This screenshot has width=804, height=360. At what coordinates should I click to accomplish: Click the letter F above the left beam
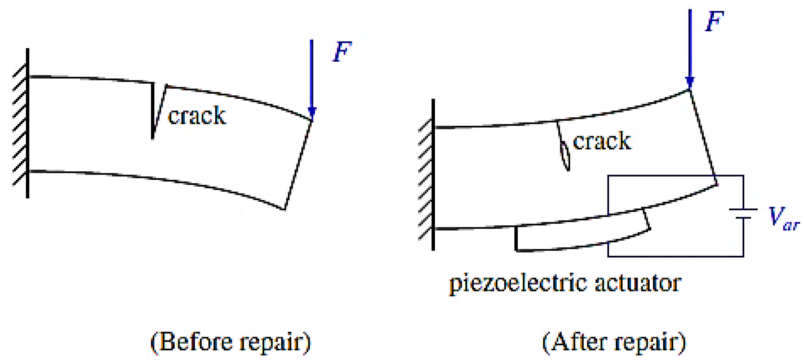[x=342, y=52]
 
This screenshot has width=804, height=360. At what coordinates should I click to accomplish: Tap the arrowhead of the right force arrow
[x=689, y=83]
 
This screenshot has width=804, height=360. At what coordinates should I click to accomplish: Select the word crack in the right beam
[x=602, y=141]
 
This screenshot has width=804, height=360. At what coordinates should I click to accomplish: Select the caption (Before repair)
[x=231, y=342]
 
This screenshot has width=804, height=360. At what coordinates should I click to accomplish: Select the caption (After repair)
[x=614, y=342]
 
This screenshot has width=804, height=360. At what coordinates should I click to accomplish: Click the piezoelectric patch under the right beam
[x=581, y=235]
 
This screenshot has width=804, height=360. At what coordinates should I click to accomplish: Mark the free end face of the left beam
[x=298, y=164]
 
